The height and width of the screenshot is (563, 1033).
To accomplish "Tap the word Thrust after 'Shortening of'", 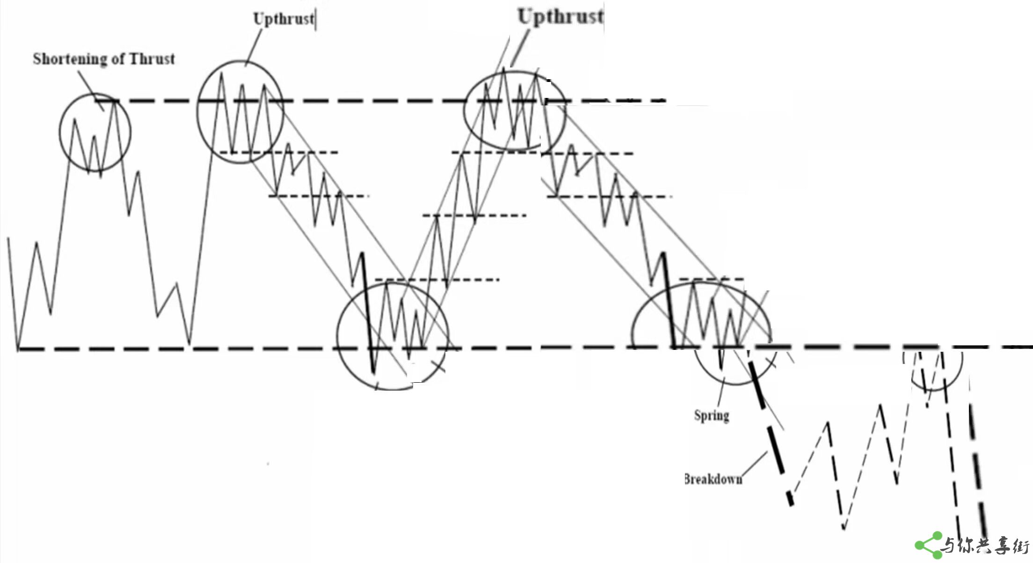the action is [x=152, y=59].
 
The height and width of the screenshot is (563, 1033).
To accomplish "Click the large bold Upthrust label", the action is [x=560, y=17].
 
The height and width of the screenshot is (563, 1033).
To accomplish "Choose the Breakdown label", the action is [x=713, y=479].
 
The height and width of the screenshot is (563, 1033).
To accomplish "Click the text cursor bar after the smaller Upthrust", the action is [x=316, y=20].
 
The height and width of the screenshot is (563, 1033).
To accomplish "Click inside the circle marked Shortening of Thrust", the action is [x=95, y=133].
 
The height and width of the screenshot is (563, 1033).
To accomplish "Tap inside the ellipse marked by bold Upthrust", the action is [x=514, y=111].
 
